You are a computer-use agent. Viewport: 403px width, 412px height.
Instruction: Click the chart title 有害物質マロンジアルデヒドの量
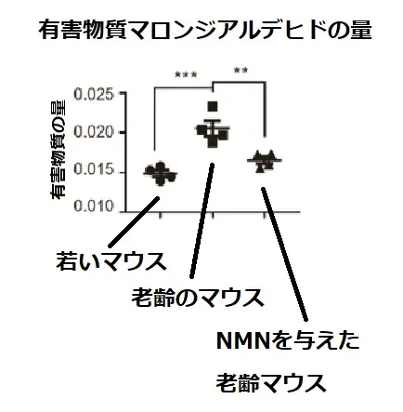click(x=204, y=30)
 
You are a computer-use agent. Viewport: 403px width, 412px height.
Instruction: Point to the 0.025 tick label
click(x=94, y=94)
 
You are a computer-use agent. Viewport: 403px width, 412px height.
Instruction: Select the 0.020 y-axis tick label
click(x=94, y=132)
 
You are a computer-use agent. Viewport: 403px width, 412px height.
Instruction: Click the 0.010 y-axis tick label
click(x=94, y=206)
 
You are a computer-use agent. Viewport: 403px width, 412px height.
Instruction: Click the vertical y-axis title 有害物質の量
click(x=58, y=150)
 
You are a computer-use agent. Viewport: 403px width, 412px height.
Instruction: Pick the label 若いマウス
click(x=111, y=261)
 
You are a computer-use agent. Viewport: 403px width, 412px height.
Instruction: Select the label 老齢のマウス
click(x=198, y=298)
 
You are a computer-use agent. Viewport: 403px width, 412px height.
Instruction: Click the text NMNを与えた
click(x=288, y=340)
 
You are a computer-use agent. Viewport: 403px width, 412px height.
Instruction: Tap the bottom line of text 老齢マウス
click(x=271, y=383)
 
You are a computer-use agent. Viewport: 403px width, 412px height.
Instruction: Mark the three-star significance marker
click(x=186, y=74)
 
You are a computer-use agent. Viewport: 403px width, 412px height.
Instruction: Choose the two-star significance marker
click(x=240, y=71)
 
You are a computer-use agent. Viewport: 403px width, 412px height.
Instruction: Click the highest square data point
click(x=213, y=106)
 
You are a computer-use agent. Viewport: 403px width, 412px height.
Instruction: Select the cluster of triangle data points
click(x=265, y=161)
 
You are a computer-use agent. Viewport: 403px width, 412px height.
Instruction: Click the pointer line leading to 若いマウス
click(x=134, y=221)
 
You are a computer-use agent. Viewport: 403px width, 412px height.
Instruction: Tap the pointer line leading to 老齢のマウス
click(x=202, y=220)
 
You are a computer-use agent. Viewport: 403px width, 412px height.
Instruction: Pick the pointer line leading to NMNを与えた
click(x=285, y=254)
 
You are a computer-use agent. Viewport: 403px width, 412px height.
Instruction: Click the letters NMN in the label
click(x=243, y=340)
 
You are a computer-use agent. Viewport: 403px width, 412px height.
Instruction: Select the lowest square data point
click(x=213, y=143)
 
